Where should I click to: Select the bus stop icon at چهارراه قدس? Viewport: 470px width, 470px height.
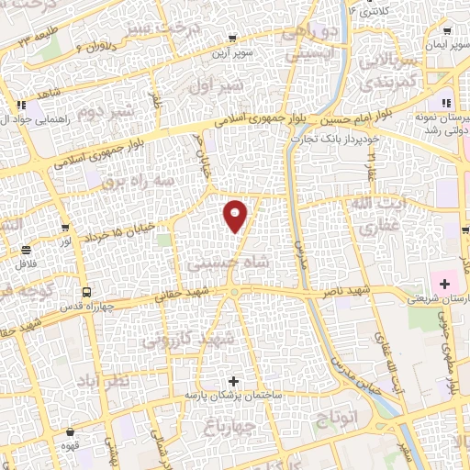pos(85,291)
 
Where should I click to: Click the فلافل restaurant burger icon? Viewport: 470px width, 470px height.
pos(27,250)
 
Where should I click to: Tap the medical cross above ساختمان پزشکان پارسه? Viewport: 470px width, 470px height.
pos(233,380)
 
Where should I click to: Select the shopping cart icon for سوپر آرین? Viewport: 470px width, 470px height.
pos(233,39)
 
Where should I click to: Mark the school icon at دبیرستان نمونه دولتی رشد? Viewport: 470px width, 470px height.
pos(447,104)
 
